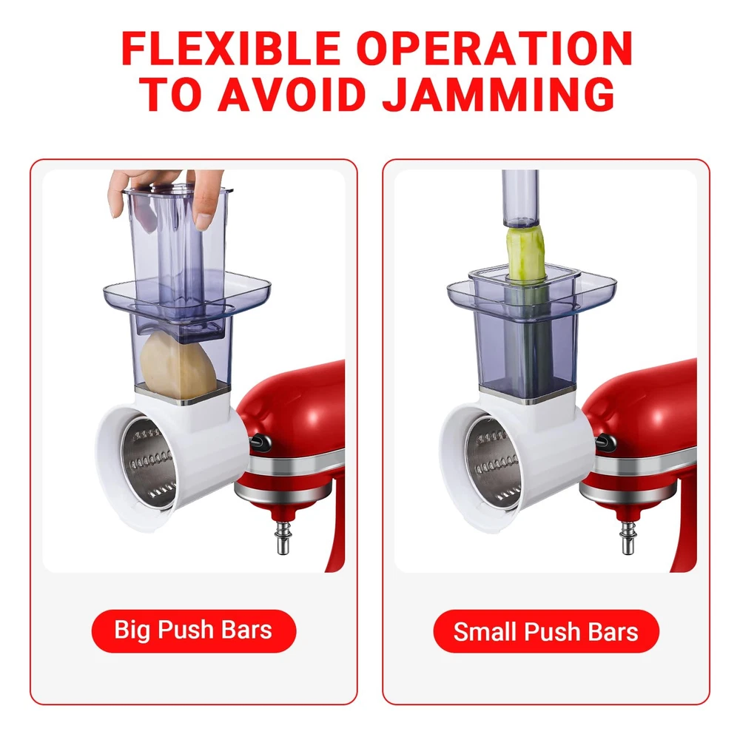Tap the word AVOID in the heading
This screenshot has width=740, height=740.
291,94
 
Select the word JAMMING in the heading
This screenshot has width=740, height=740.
499,94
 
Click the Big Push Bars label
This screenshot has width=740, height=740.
193,630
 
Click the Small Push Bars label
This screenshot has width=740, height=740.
545,631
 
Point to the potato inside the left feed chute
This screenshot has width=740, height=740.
178,363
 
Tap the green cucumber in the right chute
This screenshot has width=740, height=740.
525,252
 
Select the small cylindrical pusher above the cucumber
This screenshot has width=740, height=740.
520,198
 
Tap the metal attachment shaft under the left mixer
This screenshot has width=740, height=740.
283,536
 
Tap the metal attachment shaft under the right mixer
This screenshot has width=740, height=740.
628,536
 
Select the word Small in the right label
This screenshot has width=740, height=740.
485,631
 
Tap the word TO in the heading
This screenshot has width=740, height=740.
174,94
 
